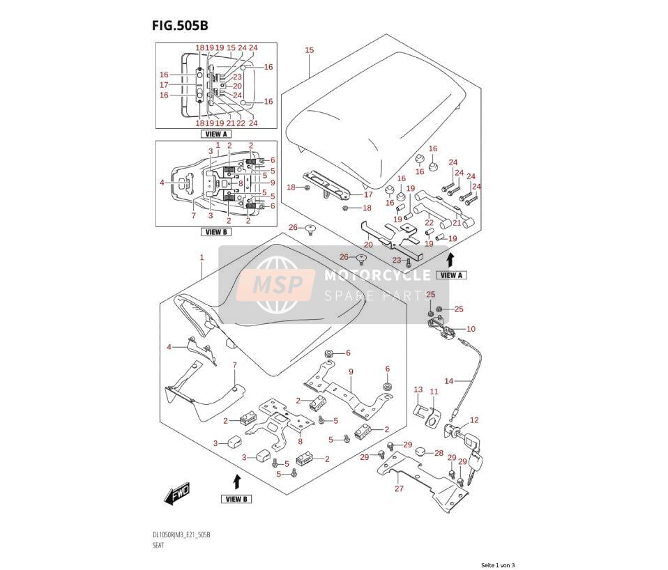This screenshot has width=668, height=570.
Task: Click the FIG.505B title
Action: (x=180, y=26)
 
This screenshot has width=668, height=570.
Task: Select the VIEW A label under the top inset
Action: (x=216, y=134)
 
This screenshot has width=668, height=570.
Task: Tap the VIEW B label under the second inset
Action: (x=216, y=232)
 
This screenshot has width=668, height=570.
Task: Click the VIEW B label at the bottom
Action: (x=236, y=499)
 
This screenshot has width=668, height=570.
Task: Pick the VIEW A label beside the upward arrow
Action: (x=452, y=275)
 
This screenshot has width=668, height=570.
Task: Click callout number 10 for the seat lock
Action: (x=471, y=329)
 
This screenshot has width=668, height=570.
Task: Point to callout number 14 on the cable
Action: (x=449, y=381)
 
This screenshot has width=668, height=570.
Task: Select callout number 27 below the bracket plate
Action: (x=399, y=488)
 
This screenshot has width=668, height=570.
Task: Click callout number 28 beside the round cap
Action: (x=439, y=453)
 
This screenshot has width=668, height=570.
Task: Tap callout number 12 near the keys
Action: (x=474, y=420)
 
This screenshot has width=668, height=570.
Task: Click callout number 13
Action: (x=418, y=390)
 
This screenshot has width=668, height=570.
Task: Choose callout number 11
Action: (x=434, y=392)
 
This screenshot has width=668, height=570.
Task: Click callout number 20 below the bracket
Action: (x=368, y=245)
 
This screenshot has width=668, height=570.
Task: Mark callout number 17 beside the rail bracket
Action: (x=368, y=194)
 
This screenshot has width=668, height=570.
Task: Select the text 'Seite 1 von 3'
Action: (x=498, y=565)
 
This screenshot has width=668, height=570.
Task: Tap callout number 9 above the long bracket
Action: (x=351, y=371)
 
